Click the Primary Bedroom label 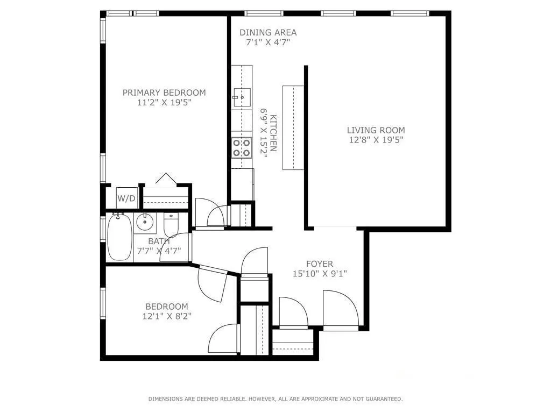point(164,92)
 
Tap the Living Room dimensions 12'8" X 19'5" point(376,140)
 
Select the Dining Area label point(268,32)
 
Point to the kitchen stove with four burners point(241,147)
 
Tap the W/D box point(126,198)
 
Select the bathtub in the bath point(119,237)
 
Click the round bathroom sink point(145,222)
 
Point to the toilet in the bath point(171,225)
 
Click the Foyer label point(320,264)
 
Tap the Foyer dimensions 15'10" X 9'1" point(320,274)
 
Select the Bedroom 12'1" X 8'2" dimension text point(164,316)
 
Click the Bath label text point(159,241)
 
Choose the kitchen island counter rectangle point(293,127)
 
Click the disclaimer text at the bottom point(275,399)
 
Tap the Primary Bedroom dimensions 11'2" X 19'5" point(164,102)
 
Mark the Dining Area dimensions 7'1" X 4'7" point(268,42)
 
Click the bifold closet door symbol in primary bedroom point(166,179)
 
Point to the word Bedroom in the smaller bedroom point(167,307)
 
